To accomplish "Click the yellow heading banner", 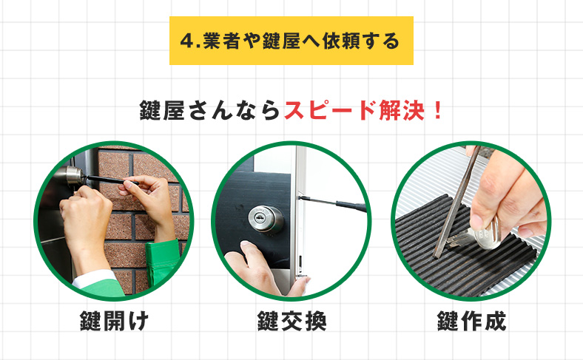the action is [291, 41].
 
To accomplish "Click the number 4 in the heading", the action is [187, 41].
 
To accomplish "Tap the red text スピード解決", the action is [354, 110].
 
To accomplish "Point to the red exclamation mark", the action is [438, 110].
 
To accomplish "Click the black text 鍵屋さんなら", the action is [209, 110].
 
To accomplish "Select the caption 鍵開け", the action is [114, 321].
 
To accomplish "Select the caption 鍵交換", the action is [292, 321].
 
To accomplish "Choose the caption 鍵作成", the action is [471, 321].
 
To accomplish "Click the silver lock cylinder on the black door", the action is [266, 220].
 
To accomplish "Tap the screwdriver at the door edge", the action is [333, 203].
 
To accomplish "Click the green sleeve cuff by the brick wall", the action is [162, 262].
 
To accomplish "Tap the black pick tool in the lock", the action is [109, 180].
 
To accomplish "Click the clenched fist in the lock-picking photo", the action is [86, 220].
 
